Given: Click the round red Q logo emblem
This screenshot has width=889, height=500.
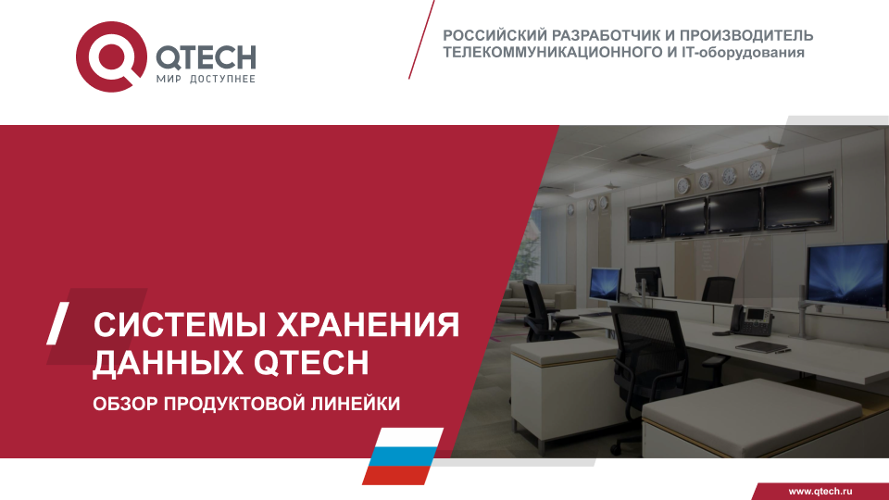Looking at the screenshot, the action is (x=111, y=56).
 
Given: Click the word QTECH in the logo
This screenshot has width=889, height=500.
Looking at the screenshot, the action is (x=206, y=56).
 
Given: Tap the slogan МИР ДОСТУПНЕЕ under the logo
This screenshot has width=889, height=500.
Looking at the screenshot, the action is (x=206, y=79).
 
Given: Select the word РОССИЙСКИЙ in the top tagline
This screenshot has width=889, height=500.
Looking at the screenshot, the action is (x=495, y=35).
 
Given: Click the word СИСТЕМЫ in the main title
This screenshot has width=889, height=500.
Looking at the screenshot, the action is (x=180, y=325).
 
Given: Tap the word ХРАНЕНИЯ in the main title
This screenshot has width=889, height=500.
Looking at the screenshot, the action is (x=368, y=325).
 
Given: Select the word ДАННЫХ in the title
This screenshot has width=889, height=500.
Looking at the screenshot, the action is (x=169, y=362).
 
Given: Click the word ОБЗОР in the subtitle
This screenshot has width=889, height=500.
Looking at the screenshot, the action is (x=125, y=404).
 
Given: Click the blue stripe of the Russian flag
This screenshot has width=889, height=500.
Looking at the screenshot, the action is (x=403, y=456).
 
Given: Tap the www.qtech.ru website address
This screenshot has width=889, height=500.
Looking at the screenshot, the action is (x=820, y=491).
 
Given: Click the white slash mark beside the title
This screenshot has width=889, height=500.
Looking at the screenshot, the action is (x=57, y=323).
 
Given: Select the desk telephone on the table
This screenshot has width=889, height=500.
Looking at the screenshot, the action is (x=751, y=320).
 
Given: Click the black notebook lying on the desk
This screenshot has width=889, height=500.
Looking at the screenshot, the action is (x=761, y=346).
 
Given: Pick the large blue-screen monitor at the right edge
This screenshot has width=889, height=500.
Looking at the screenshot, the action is (x=847, y=276).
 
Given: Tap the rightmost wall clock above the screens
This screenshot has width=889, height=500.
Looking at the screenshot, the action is (x=756, y=169).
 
